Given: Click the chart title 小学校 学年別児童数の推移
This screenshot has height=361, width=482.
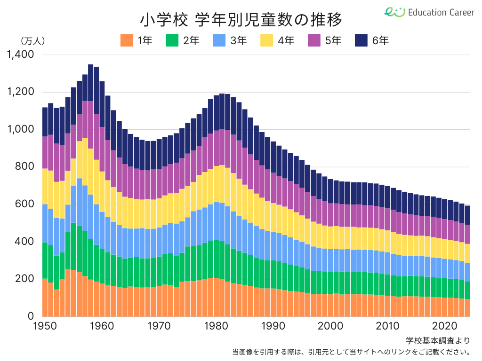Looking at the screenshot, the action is point(241,20).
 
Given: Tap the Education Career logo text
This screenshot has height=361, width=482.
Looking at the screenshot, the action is point(441,12).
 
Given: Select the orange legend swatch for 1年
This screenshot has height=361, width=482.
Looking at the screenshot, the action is point(127,40).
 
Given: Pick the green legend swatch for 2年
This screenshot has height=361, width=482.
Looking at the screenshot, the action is point(172,40).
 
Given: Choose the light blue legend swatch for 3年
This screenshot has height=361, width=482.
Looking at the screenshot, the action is point(219,40).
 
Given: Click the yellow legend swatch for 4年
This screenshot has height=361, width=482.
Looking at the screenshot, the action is point(266,40).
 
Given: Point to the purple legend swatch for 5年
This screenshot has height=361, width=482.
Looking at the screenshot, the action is point(314,40).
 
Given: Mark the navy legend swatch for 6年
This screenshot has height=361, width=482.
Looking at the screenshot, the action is point(361,40).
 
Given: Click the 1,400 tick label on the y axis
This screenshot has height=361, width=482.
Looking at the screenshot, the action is point(20,55).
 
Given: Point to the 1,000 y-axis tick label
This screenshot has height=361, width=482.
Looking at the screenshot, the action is point(20,129).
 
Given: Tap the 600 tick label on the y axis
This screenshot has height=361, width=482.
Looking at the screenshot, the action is point(24,204).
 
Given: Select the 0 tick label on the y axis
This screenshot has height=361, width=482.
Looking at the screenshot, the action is point(31,316).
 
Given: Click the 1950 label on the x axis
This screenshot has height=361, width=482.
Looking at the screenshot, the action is point(45,326).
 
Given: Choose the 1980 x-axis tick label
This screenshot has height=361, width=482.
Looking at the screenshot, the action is point(216,326).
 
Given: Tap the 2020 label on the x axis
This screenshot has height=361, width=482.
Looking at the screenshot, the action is point(444,326).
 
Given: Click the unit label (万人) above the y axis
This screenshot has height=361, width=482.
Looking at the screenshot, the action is point(32,41).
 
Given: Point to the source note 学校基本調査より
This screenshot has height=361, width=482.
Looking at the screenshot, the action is point(438,340).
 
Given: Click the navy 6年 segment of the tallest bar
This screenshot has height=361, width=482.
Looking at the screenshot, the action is point(91,83).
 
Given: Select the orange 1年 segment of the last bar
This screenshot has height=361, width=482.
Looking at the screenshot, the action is point(467,307).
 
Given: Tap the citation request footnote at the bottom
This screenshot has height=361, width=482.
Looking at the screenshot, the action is point(351,352).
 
